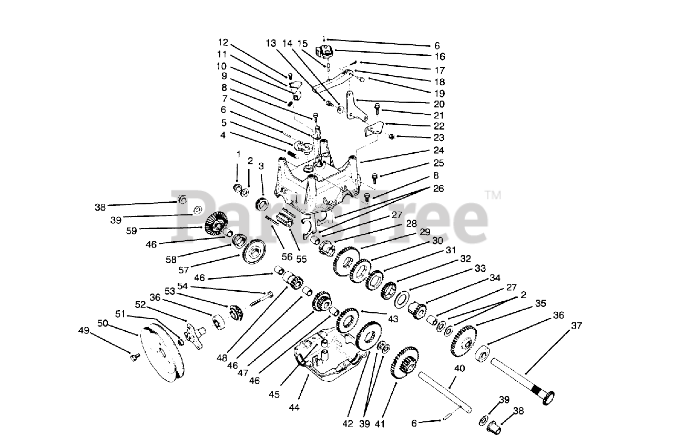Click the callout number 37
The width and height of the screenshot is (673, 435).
coord(577,326)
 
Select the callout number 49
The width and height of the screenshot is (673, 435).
coord(84,330)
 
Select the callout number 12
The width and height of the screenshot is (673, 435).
coord(223,42)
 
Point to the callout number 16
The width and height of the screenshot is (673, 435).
coord(440,56)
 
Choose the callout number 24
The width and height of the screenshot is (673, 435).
coord(439,150)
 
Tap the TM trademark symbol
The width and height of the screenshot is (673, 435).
coord(493,195)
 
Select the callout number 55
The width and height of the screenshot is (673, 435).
coord(301,259)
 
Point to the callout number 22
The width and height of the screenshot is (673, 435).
coord(439,126)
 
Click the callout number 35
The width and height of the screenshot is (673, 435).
coord(540,303)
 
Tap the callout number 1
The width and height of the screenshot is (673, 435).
coord(238,155)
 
